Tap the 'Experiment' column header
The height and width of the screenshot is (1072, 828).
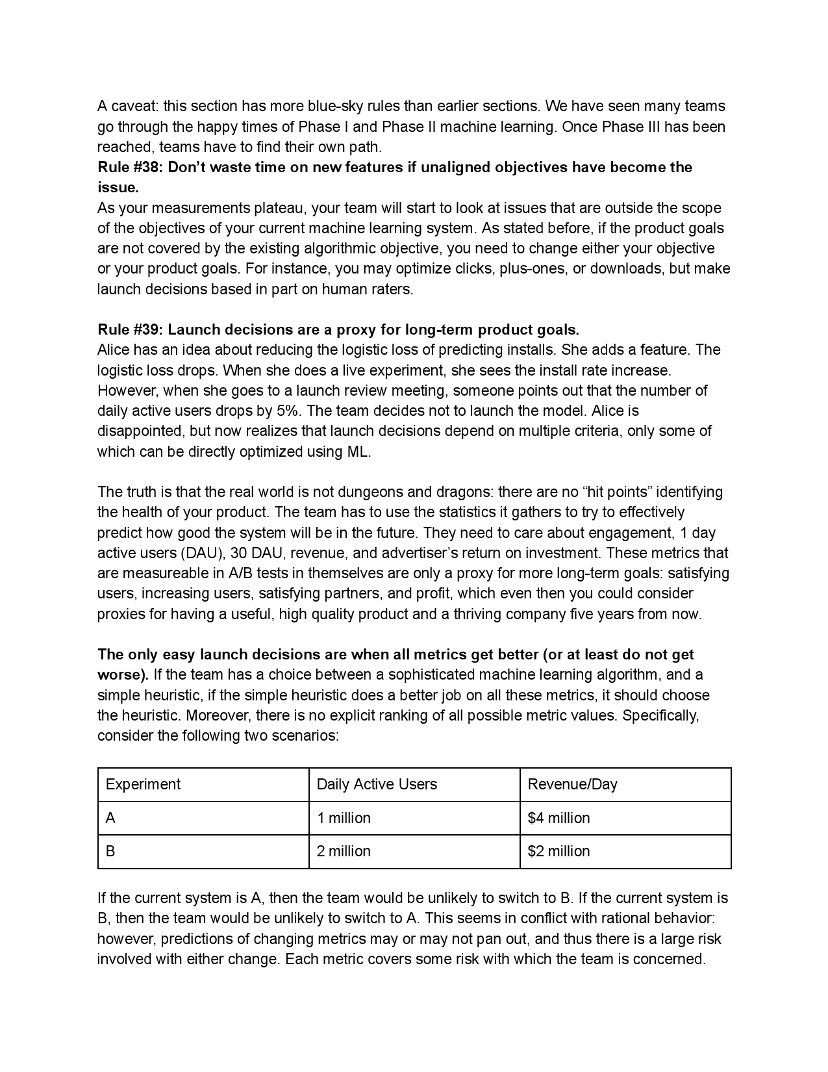coord(143,784)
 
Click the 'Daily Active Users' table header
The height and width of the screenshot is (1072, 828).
coord(377,784)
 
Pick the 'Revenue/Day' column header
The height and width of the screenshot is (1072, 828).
coord(572,784)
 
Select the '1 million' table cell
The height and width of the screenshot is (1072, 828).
coord(344,818)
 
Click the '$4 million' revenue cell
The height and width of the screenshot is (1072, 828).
coord(558,818)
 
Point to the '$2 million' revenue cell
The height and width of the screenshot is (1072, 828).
coord(558,851)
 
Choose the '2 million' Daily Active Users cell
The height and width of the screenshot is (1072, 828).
coord(344,851)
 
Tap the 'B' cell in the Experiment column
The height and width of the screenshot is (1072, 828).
coord(110,851)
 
